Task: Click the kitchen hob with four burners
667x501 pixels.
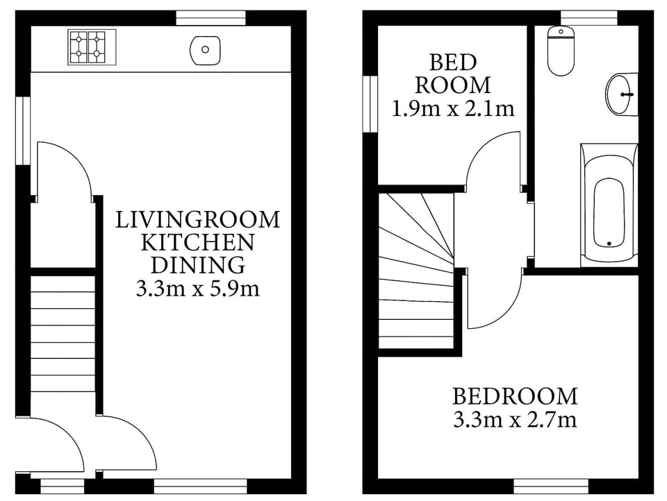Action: [88, 46]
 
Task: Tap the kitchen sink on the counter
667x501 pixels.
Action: [204, 50]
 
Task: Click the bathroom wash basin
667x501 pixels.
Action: [622, 94]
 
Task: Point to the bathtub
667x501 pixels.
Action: [609, 204]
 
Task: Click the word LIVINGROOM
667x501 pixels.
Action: [197, 220]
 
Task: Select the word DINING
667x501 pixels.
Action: [198, 264]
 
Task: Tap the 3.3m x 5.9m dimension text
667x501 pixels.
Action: [198, 287]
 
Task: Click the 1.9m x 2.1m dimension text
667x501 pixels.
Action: [453, 108]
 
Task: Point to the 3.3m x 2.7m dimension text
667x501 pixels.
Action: [515, 419]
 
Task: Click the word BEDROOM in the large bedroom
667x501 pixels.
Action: [515, 396]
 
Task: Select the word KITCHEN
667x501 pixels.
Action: [198, 242]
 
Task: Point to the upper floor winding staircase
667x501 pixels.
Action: [415, 271]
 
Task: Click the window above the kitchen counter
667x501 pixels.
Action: [211, 18]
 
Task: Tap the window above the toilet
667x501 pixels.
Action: [588, 18]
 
